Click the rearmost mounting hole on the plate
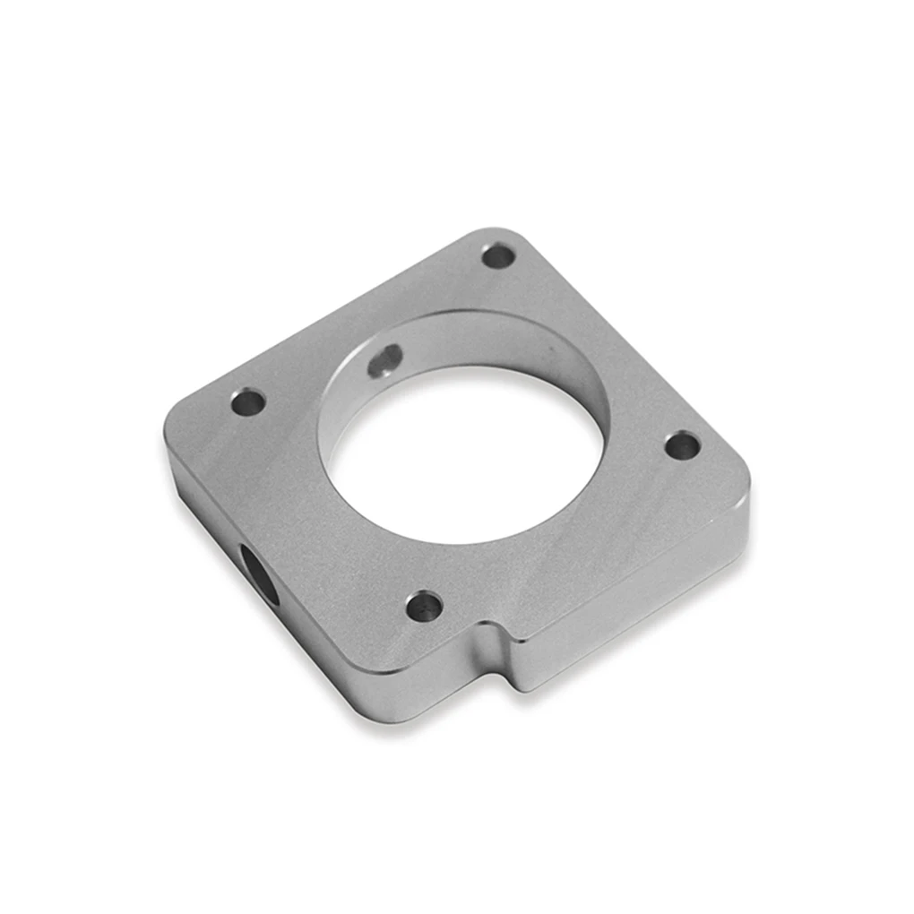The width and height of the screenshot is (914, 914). (x=498, y=256)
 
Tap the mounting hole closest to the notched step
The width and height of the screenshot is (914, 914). (x=424, y=607)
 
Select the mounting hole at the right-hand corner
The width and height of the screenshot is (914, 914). (x=683, y=444)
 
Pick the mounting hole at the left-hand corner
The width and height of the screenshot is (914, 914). (x=248, y=402)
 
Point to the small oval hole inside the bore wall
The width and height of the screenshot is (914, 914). (x=385, y=361)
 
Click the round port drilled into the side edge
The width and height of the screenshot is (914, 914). (x=259, y=573)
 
